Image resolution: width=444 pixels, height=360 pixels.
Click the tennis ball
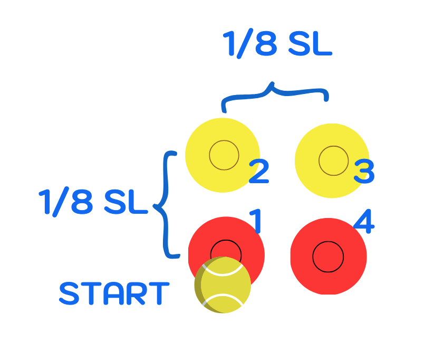pos(223,285)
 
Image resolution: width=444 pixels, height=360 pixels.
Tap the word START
pos(114,293)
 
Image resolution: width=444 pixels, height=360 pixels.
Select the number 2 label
pos(258,172)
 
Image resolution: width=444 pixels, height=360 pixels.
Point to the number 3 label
pos(364,172)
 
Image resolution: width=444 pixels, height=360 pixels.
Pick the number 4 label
pos(364,221)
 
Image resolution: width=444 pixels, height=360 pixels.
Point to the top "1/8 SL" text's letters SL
pos(310,43)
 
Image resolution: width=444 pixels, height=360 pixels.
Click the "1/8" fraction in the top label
pos(250,44)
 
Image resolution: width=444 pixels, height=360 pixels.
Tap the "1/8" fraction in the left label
pos(66,202)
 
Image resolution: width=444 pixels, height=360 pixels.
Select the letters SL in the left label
pos(126,202)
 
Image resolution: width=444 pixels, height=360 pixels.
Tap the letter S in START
pos(69,293)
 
